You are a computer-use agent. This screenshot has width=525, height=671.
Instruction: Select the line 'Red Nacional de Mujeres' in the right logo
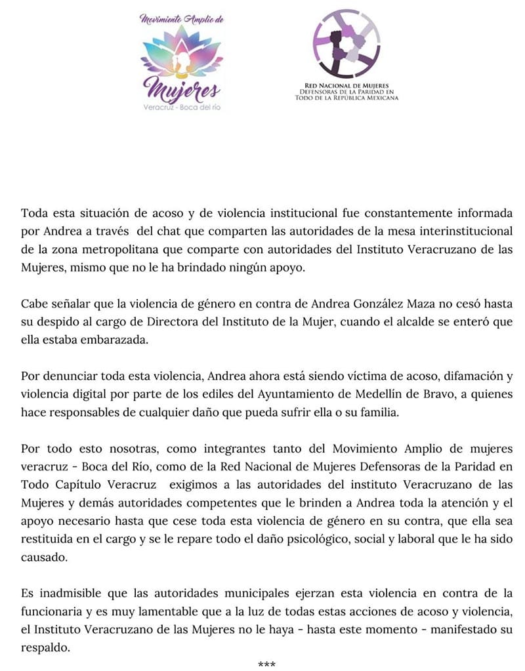[x=346, y=85]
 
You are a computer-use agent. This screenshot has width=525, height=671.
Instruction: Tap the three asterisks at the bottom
[x=266, y=665]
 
